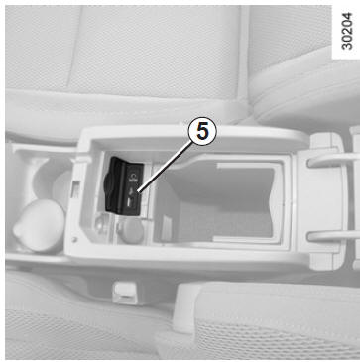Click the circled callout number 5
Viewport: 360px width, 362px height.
(x=202, y=132)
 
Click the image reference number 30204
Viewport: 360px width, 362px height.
(x=346, y=31)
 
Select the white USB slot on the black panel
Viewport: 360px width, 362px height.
(x=128, y=202)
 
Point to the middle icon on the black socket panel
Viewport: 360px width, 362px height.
(x=132, y=191)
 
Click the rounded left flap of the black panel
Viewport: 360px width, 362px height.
(x=109, y=186)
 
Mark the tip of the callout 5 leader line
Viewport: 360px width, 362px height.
(x=138, y=191)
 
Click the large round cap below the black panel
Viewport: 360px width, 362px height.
(x=131, y=231)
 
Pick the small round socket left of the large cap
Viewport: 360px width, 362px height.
(x=101, y=223)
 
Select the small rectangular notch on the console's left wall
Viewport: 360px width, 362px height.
(x=75, y=189)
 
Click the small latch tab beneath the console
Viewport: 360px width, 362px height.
(x=124, y=293)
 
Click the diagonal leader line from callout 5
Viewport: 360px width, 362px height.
(x=166, y=167)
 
